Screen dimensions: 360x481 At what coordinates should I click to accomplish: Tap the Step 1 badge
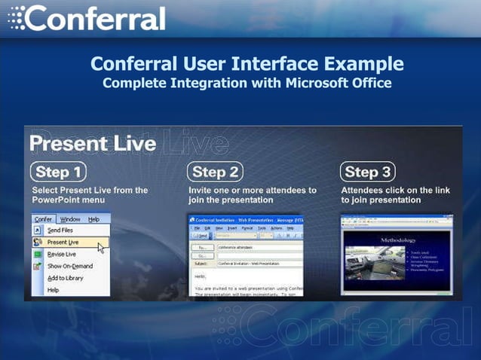point(58,172)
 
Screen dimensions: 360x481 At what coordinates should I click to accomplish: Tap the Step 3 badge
point(368,172)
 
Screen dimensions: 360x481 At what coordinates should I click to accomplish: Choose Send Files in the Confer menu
point(60,230)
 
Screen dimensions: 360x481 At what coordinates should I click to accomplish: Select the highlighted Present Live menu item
point(63,242)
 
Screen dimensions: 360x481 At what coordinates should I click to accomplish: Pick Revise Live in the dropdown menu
point(61,254)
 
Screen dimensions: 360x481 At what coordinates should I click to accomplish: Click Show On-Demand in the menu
point(69,266)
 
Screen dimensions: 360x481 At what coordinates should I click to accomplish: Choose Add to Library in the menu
point(66,278)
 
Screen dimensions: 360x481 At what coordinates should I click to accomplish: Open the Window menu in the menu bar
point(70,219)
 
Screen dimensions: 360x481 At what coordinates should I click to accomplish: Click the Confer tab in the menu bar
point(44,219)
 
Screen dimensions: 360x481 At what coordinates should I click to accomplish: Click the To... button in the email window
point(201,247)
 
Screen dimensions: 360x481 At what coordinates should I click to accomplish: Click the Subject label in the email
point(200,264)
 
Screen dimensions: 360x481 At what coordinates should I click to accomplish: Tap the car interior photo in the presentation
point(374,264)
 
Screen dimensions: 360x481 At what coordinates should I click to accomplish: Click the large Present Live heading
point(92,142)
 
